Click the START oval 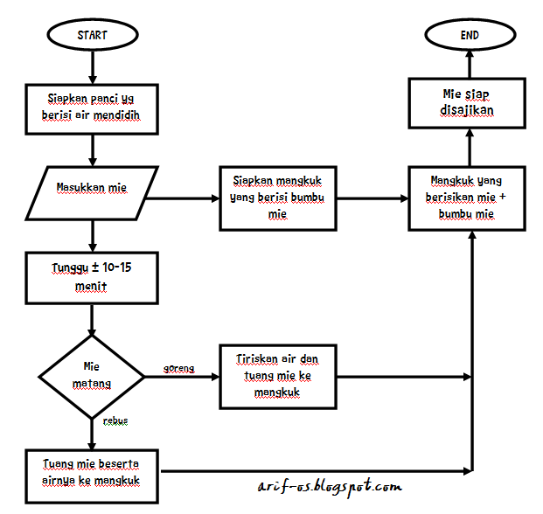pyautogui.click(x=93, y=36)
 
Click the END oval pyautogui.click(x=470, y=36)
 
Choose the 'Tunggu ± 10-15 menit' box pyautogui.click(x=92, y=275)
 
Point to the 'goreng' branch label pyautogui.click(x=178, y=369)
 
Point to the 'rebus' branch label pyautogui.click(x=115, y=420)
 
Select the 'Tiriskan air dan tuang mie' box pyautogui.click(x=278, y=377)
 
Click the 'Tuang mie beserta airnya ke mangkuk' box pyautogui.click(x=92, y=472)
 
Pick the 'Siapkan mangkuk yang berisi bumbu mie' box pyautogui.click(x=278, y=198)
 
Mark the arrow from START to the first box pyautogui.click(x=93, y=66)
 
